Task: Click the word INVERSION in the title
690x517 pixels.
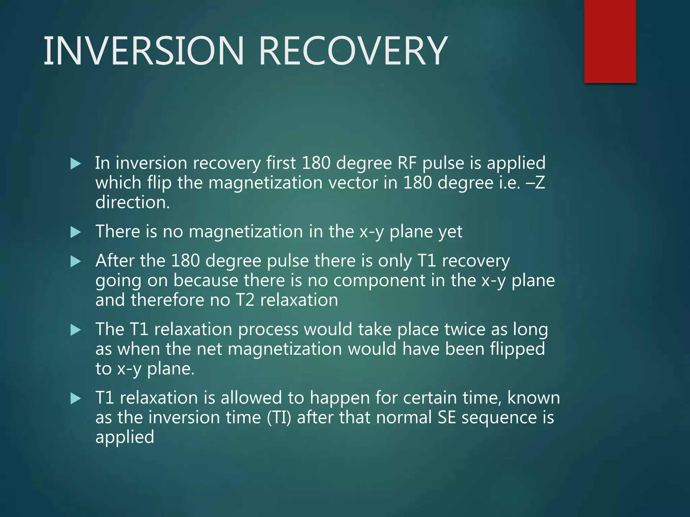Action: click(x=144, y=51)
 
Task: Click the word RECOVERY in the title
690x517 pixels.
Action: click(x=353, y=51)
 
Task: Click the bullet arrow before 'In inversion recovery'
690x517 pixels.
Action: click(x=76, y=164)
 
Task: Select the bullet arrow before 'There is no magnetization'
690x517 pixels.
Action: click(x=76, y=232)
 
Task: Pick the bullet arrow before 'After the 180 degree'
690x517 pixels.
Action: click(x=76, y=262)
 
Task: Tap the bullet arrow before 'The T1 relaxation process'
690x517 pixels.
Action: click(x=76, y=330)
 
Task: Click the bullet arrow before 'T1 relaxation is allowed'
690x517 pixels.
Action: click(x=76, y=399)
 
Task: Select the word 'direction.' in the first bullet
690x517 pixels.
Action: click(x=132, y=203)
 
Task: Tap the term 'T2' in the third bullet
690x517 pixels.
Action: click(x=245, y=300)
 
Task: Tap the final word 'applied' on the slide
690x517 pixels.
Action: click(x=125, y=438)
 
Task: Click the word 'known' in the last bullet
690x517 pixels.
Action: click(x=533, y=398)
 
